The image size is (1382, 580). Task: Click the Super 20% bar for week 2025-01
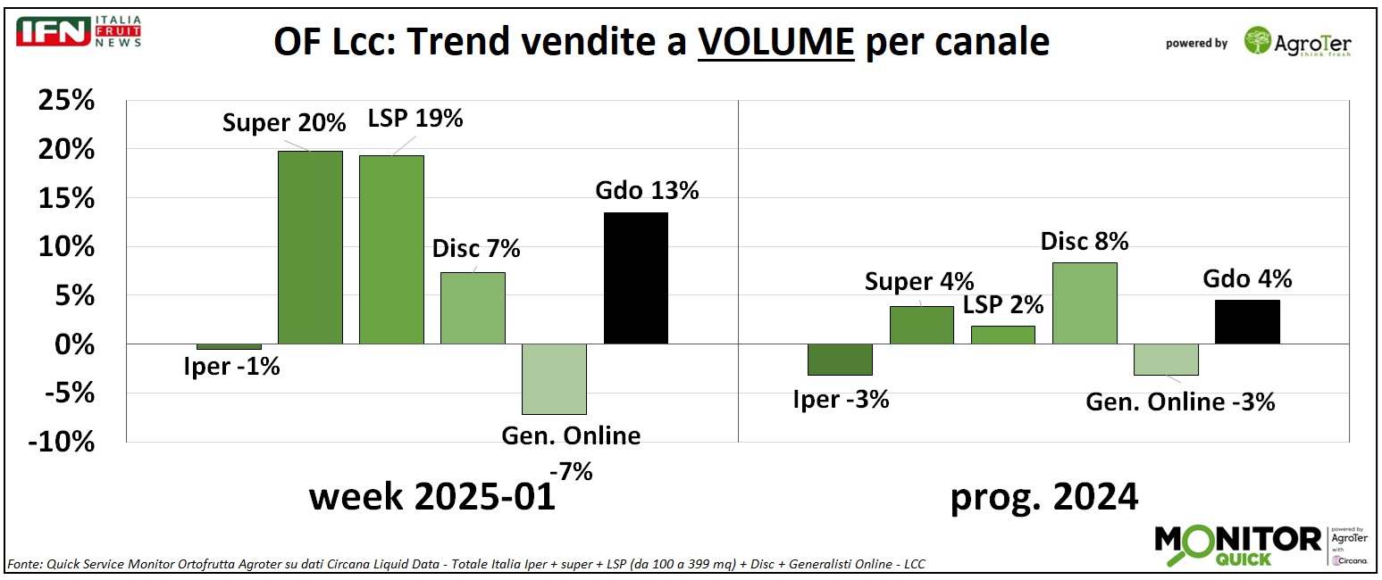[310, 247]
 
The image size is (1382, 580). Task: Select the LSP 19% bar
[391, 250]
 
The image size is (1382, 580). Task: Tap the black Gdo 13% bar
[636, 278]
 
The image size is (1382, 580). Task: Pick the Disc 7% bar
[473, 308]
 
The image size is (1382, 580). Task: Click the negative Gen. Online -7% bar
[554, 378]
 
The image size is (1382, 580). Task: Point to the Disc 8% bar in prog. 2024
[1084, 302]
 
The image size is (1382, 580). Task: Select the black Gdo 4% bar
[1247, 321]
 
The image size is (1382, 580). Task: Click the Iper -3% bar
[840, 359]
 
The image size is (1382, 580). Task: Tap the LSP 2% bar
[1002, 335]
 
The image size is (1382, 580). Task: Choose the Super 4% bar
[921, 325]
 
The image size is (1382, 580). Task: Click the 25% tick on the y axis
[66, 102]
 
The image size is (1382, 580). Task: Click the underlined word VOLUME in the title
[776, 42]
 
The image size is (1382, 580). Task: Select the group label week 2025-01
[432, 496]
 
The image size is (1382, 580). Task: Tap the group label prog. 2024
[1043, 496]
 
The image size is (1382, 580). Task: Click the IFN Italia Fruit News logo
[79, 32]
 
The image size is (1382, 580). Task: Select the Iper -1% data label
[232, 366]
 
